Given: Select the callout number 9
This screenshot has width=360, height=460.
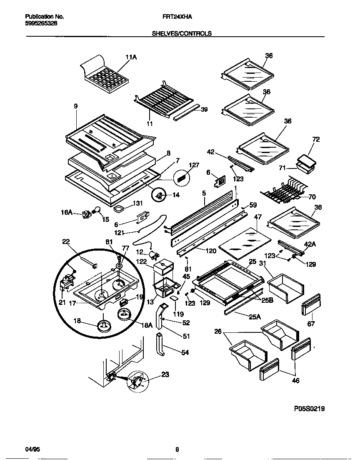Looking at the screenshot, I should coord(76,107).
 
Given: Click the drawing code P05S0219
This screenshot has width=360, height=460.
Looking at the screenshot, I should coord(309,409).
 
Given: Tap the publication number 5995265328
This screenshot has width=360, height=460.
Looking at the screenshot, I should coord(41,24).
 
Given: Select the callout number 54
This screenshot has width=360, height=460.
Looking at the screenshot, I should coord(185,352).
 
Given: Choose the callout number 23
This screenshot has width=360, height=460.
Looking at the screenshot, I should coord(165,375).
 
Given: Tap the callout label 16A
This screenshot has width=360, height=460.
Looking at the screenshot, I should coord(67,213).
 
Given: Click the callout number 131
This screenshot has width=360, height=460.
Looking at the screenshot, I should coord(138,204).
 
